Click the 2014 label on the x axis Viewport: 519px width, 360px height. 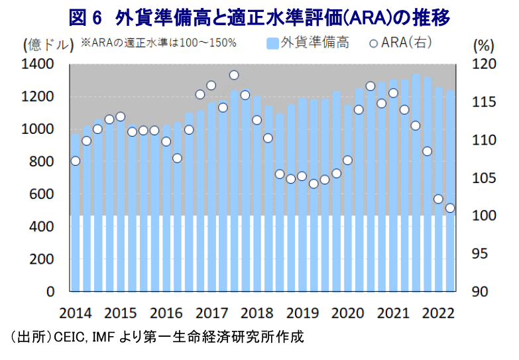(74, 312)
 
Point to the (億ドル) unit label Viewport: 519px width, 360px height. (48, 45)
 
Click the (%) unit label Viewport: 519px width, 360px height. (484, 45)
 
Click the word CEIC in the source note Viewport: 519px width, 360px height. (71, 337)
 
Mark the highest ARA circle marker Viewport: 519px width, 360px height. (233, 75)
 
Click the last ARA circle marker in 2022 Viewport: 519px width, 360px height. (450, 208)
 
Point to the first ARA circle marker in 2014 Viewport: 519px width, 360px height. (75, 161)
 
